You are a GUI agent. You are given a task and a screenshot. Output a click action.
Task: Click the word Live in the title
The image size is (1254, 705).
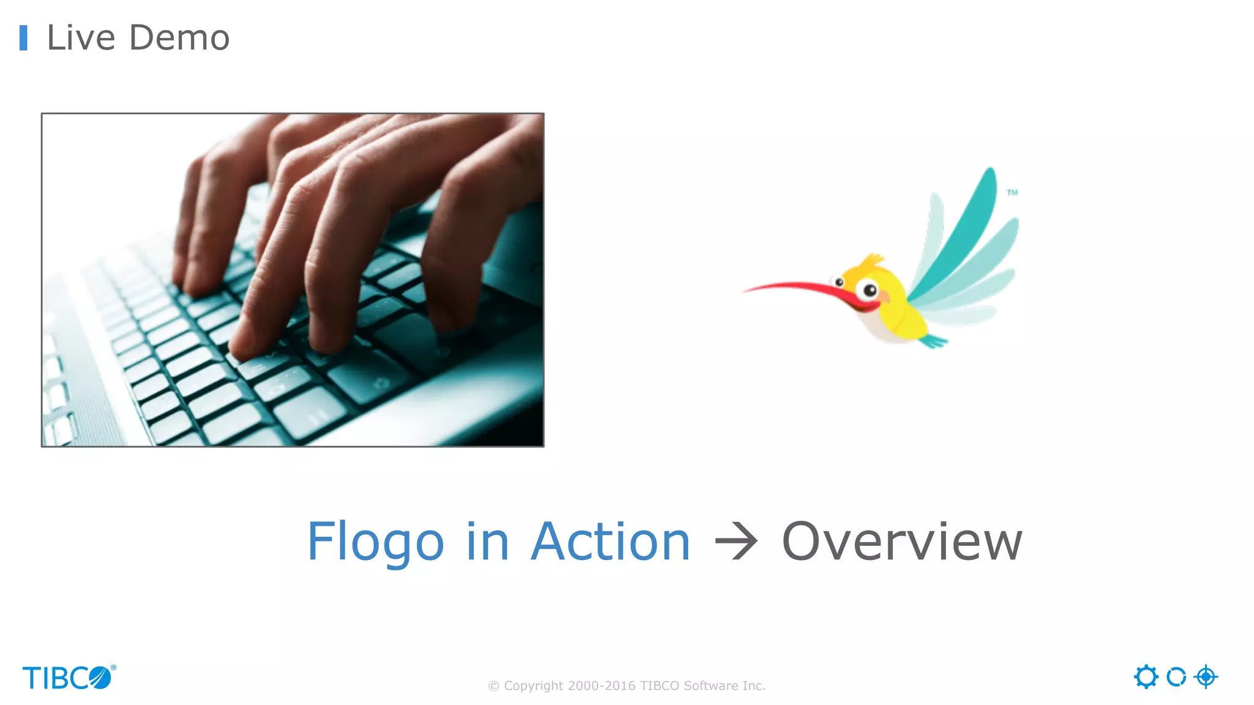pos(81,38)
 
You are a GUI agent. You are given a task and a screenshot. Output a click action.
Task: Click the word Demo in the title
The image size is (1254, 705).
pos(179,38)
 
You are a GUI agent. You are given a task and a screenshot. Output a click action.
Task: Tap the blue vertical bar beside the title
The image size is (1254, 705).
pos(23,38)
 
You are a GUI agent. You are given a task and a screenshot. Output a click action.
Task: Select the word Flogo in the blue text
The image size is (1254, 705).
pos(375,542)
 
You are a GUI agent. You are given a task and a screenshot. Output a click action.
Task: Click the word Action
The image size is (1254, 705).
pos(610,542)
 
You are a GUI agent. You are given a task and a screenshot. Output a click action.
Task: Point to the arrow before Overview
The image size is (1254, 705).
pos(736,541)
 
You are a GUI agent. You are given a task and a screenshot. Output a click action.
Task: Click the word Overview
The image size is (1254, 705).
pos(902,542)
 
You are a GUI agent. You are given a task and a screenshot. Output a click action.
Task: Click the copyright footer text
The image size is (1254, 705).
pos(626,686)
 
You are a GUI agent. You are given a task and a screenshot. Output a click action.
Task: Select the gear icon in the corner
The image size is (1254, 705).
pos(1146,677)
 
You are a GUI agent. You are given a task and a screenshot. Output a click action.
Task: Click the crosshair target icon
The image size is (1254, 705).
pos(1206,677)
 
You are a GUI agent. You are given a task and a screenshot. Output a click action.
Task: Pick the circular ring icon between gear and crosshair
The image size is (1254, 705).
pos(1176,677)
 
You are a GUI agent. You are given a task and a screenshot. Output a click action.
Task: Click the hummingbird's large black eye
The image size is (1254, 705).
pos(869,290)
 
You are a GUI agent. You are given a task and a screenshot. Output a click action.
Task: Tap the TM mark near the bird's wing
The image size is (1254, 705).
pos(1012,192)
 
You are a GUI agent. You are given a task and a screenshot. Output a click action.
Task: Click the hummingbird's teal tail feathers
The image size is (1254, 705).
pos(933,340)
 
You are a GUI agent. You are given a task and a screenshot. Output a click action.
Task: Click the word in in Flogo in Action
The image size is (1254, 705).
pos(487,542)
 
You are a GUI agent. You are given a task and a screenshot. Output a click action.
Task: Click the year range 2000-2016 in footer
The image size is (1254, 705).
pos(602,686)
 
